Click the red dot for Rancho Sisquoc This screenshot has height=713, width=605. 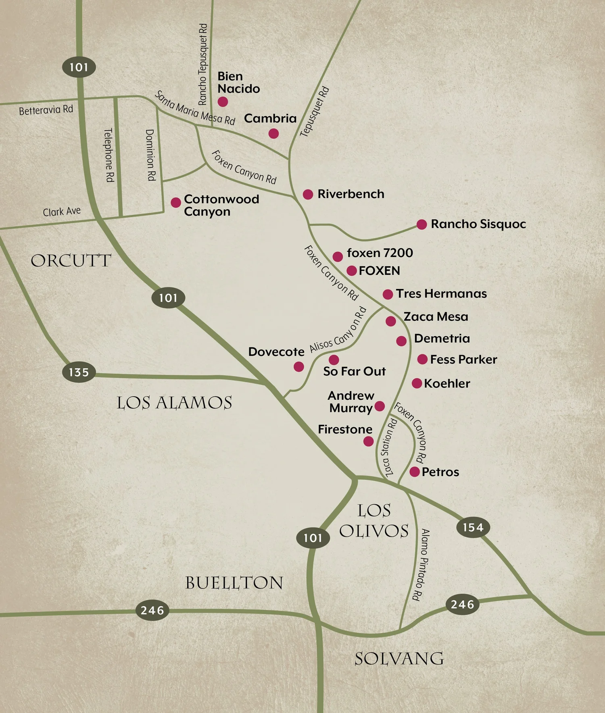(x=421, y=225)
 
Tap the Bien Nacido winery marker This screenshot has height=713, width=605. (x=223, y=102)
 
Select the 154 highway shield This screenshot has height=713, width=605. (x=473, y=527)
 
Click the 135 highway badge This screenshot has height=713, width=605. (x=79, y=372)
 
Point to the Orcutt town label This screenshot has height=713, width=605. (x=71, y=261)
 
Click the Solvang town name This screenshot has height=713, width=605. (x=399, y=659)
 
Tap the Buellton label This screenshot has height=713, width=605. (x=234, y=583)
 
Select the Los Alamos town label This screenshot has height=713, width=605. (x=174, y=403)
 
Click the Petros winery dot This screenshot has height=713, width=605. (x=414, y=472)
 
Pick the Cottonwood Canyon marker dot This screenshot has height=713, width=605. (x=175, y=202)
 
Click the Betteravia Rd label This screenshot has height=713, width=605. (x=46, y=110)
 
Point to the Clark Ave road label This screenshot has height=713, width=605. (x=62, y=212)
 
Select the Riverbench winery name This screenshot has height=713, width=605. (x=350, y=194)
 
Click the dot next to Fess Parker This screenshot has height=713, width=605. (x=422, y=359)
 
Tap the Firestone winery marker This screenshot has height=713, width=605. (x=368, y=441)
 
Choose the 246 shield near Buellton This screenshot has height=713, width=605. (x=152, y=610)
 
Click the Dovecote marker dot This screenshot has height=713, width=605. (x=298, y=366)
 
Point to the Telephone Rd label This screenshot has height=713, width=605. (x=109, y=155)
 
